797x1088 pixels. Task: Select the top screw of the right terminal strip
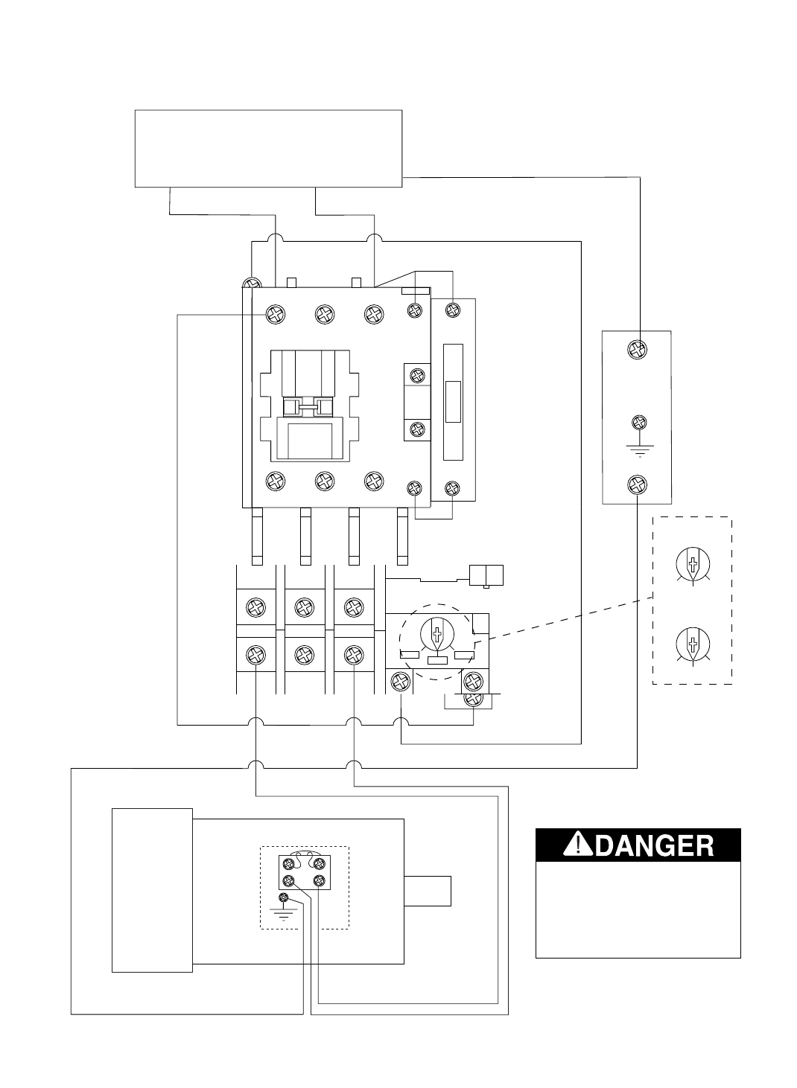click(637, 348)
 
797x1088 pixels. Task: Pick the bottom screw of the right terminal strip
click(637, 485)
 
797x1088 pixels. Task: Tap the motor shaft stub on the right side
click(428, 891)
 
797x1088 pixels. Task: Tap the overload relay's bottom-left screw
click(401, 679)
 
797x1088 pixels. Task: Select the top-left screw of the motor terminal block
click(288, 864)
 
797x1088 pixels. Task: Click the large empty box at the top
click(268, 148)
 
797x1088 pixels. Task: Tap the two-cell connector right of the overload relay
click(486, 575)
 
